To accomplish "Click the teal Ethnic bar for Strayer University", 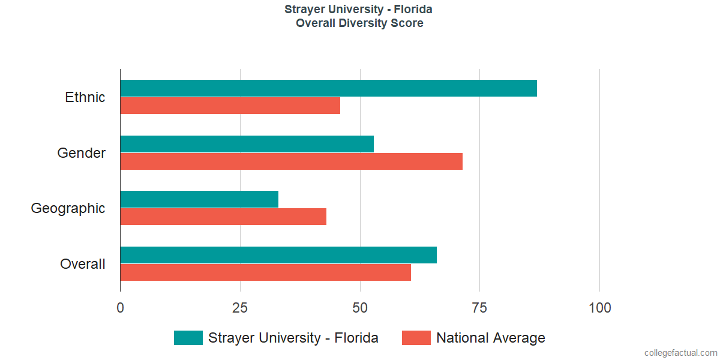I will click(x=328, y=88).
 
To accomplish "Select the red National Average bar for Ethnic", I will click(x=230, y=106).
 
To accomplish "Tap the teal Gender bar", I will click(x=247, y=144).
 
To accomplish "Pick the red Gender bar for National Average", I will click(x=291, y=161).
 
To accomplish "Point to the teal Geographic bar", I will click(x=199, y=199).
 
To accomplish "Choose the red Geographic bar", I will click(x=223, y=217).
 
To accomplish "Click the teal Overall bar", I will click(x=278, y=255).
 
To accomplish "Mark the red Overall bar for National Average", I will click(x=265, y=272).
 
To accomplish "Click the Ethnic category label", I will click(x=85, y=97).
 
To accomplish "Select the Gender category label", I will click(x=82, y=153).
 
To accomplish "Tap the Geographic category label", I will click(x=68, y=209).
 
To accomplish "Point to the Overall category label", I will click(x=83, y=264).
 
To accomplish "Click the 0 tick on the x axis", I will click(x=121, y=308).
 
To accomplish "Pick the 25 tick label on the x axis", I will click(x=240, y=308).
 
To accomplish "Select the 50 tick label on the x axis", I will click(x=360, y=308).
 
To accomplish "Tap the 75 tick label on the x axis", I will click(x=479, y=308).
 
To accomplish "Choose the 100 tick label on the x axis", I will click(x=599, y=308).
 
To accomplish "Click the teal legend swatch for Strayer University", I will click(x=188, y=338).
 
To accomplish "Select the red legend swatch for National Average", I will click(x=416, y=338).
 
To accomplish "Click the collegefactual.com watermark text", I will click(x=680, y=353).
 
